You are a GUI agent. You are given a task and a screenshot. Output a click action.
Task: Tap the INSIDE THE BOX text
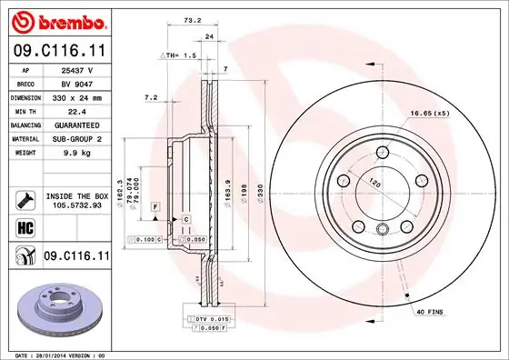76,195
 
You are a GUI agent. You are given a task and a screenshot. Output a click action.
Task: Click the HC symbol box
20,226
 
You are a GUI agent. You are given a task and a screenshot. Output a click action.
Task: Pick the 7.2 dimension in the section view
152,96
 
